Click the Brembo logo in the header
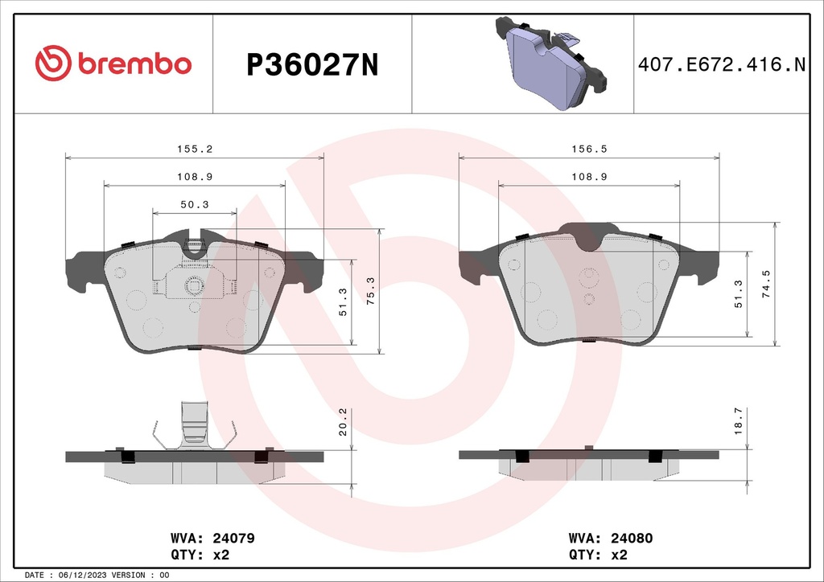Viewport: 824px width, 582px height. point(113,64)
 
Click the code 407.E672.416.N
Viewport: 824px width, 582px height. point(721,64)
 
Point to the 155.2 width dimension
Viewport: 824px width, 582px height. point(195,149)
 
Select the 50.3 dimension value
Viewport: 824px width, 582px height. point(195,205)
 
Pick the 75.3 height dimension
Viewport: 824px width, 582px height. point(370,290)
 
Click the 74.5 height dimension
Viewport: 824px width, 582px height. point(767,284)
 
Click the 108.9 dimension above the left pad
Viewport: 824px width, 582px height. point(195,177)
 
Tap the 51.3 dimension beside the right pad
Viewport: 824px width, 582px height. point(740,295)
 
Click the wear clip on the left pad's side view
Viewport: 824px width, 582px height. point(195,424)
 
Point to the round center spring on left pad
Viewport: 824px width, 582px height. point(194,285)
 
